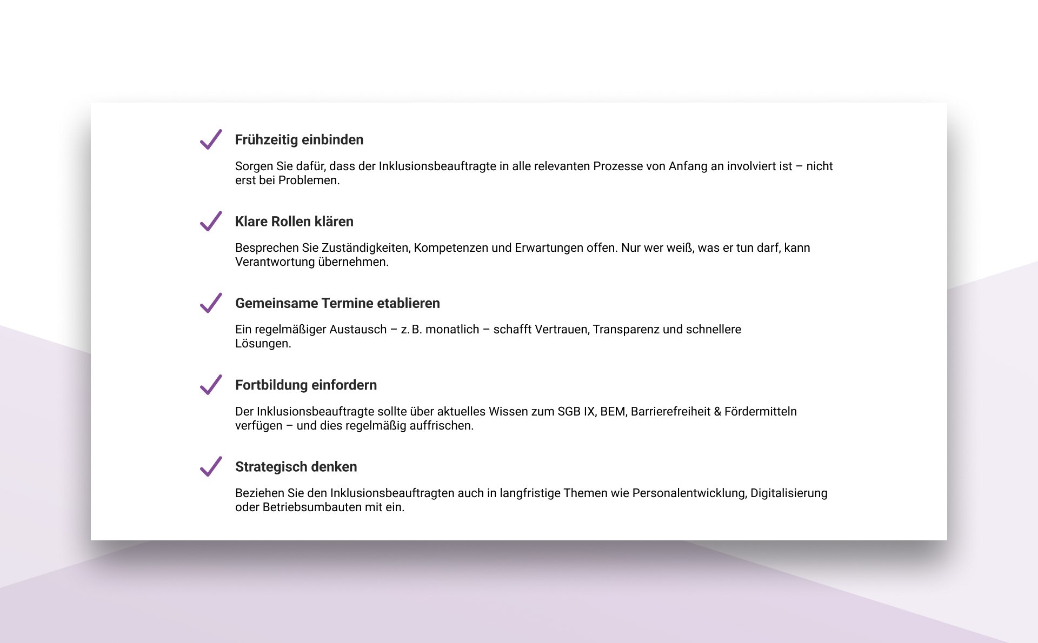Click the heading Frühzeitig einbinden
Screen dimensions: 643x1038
pos(299,140)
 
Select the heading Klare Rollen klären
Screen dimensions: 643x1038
pos(294,222)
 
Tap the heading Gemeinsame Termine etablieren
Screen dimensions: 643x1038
pos(337,303)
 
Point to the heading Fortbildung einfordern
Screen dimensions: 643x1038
pos(306,385)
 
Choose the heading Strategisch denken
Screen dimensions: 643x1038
pos(296,467)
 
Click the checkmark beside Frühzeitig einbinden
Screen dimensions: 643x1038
pos(211,139)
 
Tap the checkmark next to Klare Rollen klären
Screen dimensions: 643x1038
pos(211,221)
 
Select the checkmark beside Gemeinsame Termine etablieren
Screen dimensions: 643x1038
pos(211,303)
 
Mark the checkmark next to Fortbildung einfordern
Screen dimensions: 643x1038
pos(211,385)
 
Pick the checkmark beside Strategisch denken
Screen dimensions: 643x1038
pos(211,466)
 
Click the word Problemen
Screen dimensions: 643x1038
pos(309,180)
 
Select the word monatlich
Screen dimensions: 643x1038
pos(452,330)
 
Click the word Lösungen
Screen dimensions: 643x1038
pos(263,344)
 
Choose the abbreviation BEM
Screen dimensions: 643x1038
pos(613,412)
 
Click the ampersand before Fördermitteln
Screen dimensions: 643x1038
pos(717,412)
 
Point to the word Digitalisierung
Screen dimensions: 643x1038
pos(789,493)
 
